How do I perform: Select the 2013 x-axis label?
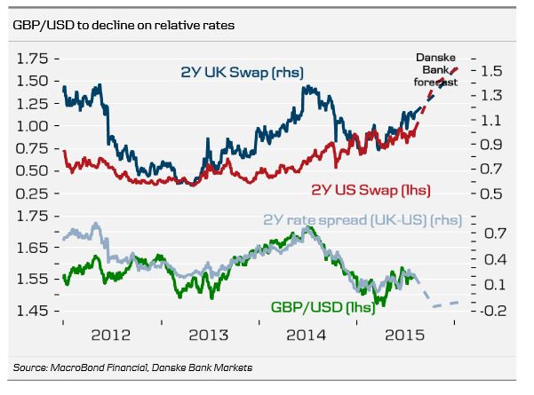[x=211, y=336]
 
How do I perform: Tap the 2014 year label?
[x=306, y=336]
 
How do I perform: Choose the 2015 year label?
[x=403, y=336]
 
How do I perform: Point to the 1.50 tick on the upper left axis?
[x=32, y=81]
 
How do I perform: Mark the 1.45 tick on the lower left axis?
[x=32, y=311]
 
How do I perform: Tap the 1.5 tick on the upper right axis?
[x=492, y=69]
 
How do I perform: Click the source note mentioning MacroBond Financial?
[x=132, y=367]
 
